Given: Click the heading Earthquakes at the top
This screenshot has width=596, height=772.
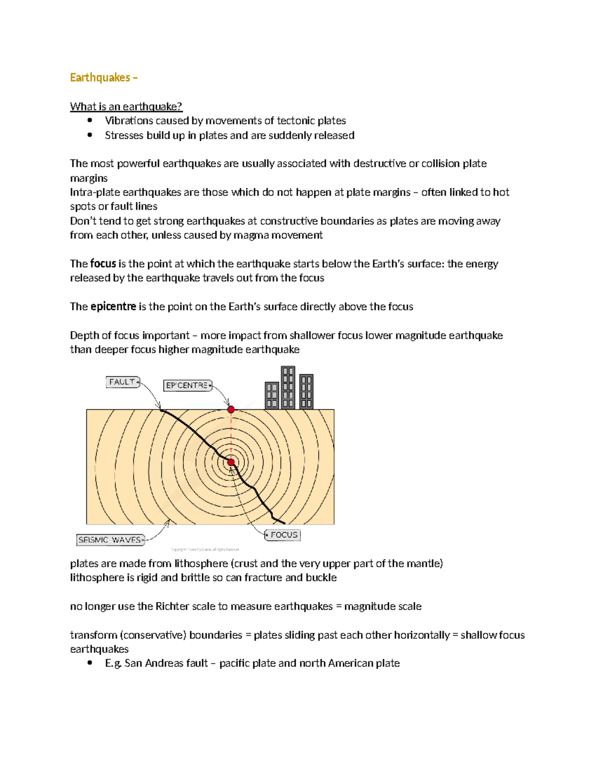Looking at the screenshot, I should pos(100,78).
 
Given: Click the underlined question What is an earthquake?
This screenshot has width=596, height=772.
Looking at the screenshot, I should pos(126,106).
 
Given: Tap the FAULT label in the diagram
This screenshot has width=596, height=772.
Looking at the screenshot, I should pos(122,382).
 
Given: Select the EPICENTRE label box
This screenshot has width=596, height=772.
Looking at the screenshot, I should pos(187,385).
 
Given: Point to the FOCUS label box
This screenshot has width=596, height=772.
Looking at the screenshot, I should pos(283,535).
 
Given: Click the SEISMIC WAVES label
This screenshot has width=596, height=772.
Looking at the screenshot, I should pos(110,540).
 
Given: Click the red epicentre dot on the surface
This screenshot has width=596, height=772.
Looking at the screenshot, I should pos(231,410).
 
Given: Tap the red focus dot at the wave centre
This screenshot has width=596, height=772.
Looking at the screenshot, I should pos(231,462).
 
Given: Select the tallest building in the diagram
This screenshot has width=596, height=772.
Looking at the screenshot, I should pos(288,387).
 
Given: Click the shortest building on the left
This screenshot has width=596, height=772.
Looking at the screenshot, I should pos(272,395).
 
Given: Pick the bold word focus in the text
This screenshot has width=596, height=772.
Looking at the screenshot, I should pos(103,263).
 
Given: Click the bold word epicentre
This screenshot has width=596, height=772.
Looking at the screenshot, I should pos(113,306).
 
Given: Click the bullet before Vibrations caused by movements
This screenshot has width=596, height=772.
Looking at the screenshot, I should pos(90,120).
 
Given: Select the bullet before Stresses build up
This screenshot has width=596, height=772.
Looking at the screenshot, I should pos(90,135).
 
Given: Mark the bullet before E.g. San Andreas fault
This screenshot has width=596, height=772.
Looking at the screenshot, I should pos(90,663).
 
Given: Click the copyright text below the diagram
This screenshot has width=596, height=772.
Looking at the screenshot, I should pos(205,549).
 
